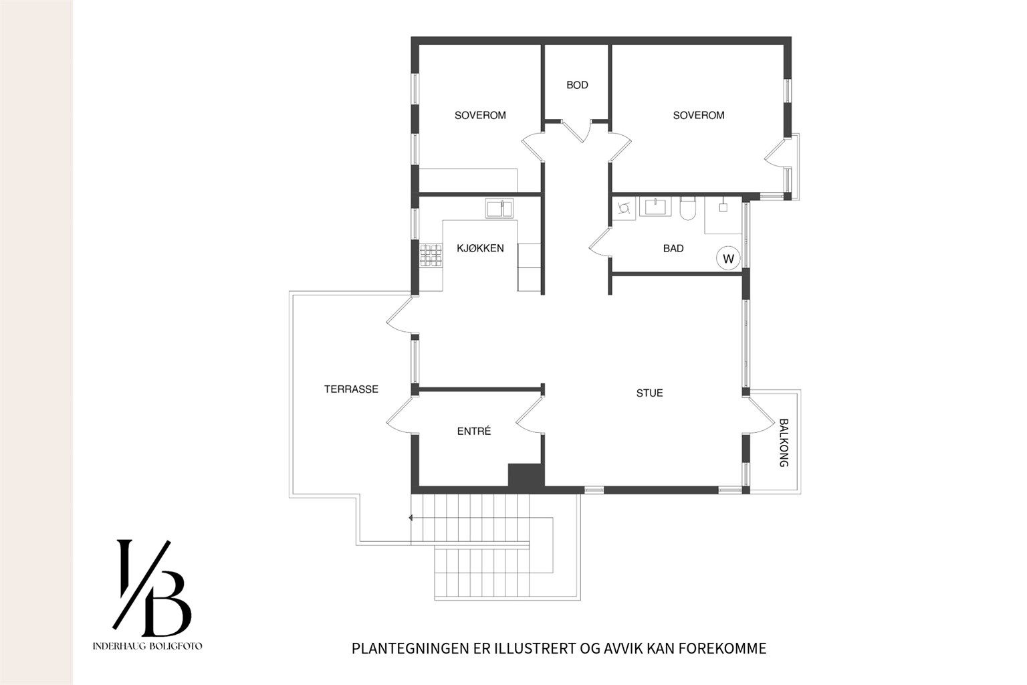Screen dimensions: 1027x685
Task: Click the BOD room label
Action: click(x=577, y=85)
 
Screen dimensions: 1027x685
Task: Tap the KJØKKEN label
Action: click(x=480, y=248)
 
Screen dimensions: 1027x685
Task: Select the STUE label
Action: click(x=649, y=393)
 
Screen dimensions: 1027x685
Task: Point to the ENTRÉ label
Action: click(x=474, y=431)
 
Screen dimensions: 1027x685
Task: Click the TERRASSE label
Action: click(x=351, y=389)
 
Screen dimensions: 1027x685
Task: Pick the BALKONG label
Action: click(x=784, y=443)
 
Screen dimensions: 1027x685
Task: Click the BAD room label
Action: click(x=673, y=248)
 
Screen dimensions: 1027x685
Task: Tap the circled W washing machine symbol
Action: click(x=728, y=258)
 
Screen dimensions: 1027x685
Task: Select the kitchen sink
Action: click(x=499, y=208)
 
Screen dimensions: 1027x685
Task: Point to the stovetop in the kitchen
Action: click(x=431, y=256)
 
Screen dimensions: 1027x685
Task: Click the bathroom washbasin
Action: click(x=655, y=206)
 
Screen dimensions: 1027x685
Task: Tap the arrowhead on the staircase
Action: click(x=411, y=518)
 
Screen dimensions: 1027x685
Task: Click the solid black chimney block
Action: click(x=526, y=476)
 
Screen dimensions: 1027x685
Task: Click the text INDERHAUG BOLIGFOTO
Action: click(x=147, y=646)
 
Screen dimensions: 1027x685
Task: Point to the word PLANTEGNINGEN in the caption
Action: click(x=411, y=648)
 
